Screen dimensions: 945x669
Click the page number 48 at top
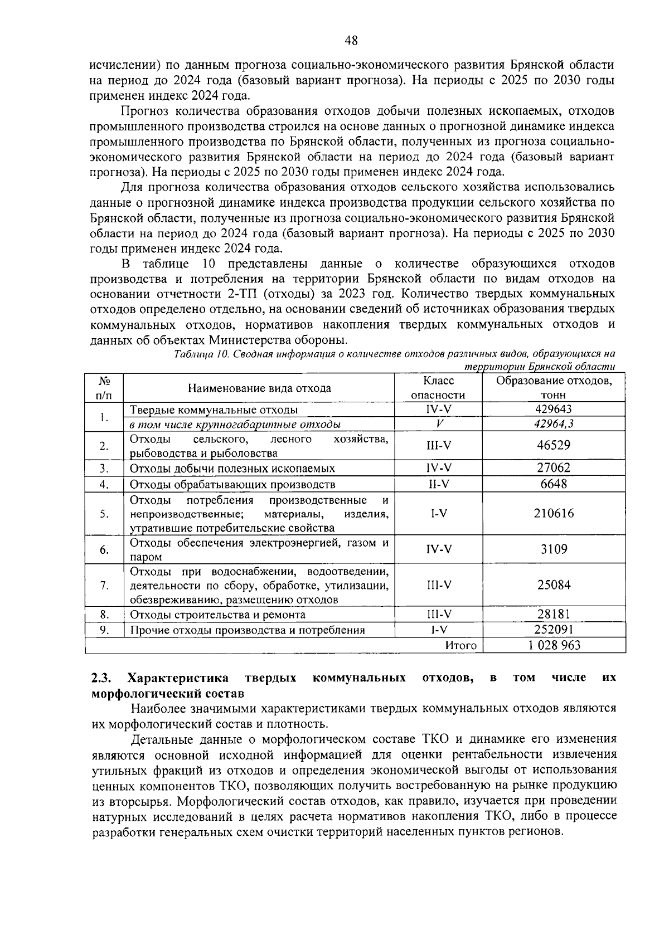(x=351, y=40)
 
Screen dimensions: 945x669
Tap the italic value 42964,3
(x=554, y=424)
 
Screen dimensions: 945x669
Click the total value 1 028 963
(x=554, y=645)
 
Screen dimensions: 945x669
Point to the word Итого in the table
(x=461, y=645)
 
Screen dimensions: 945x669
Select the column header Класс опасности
(x=438, y=388)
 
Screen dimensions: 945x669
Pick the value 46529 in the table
(x=554, y=445)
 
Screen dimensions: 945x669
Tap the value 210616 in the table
(x=554, y=513)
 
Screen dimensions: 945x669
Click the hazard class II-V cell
(x=438, y=484)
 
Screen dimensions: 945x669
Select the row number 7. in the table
(x=104, y=585)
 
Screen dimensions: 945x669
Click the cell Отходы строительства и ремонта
(x=218, y=615)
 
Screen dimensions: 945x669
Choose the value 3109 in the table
(x=554, y=549)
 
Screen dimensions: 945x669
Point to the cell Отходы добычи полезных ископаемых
(x=232, y=469)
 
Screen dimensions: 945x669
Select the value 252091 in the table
(x=554, y=630)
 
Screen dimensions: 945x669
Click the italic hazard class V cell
(x=438, y=424)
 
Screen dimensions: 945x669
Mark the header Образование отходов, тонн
(x=554, y=388)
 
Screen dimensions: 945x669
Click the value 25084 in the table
(x=554, y=585)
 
